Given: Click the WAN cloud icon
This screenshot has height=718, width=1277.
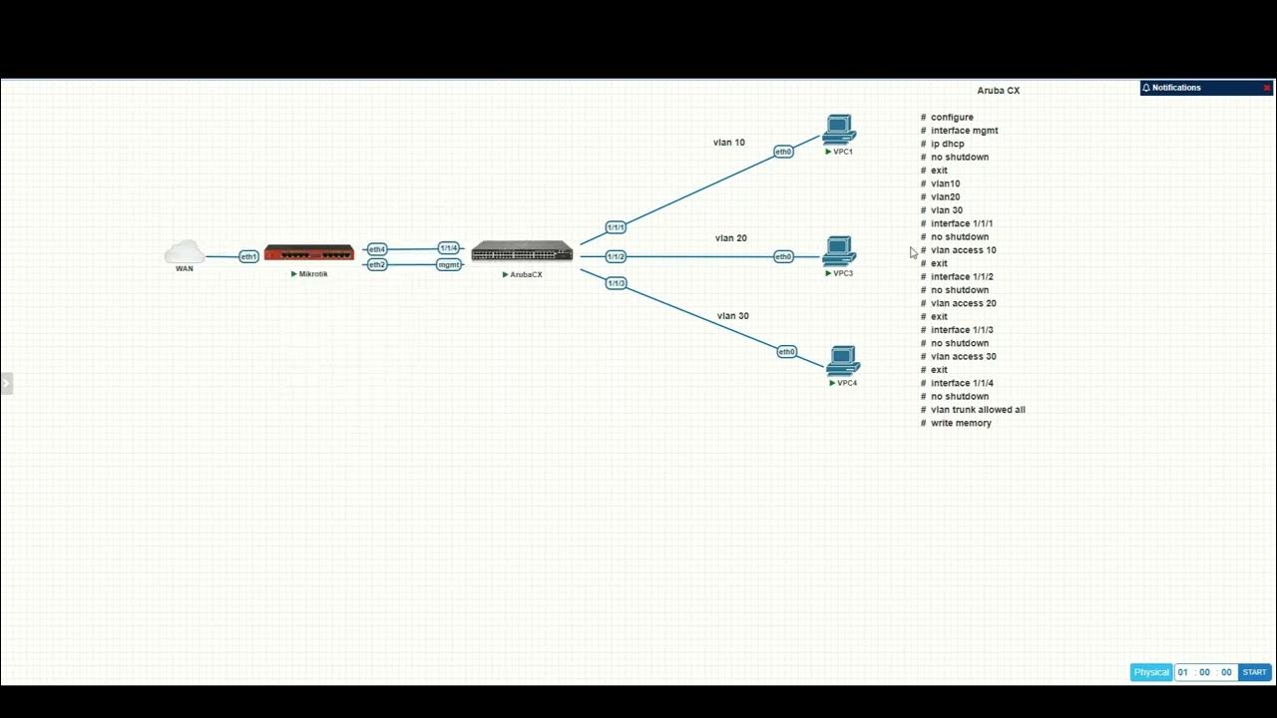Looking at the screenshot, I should (x=185, y=251).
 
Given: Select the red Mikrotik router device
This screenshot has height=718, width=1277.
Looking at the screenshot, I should (x=309, y=252).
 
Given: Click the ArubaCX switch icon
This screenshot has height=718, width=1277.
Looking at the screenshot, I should (x=522, y=251).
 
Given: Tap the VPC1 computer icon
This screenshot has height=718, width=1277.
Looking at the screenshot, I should (x=839, y=131).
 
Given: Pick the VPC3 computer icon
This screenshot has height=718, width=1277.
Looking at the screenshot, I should (x=839, y=251).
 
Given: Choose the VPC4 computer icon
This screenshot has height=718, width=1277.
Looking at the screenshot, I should (x=843, y=361).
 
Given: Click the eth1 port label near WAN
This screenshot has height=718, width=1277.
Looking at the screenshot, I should (x=248, y=256).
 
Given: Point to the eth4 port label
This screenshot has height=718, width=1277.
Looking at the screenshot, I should (x=376, y=249).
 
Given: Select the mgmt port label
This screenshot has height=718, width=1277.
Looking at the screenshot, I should (x=449, y=264).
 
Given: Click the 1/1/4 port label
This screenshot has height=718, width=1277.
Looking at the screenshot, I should (x=449, y=247).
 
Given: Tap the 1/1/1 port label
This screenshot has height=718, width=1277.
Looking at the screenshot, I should (x=616, y=227).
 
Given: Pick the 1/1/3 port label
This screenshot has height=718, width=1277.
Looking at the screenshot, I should (x=616, y=283).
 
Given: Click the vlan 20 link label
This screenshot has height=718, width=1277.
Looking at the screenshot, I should (x=730, y=238).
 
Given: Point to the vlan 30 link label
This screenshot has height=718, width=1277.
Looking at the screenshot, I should (x=732, y=316).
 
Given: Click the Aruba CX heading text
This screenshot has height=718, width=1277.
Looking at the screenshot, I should (x=998, y=91).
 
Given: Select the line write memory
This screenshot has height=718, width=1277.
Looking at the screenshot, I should (x=961, y=423).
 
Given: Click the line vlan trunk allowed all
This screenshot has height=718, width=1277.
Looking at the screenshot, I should (x=978, y=410).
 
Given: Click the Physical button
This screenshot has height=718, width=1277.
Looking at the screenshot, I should (x=1151, y=672).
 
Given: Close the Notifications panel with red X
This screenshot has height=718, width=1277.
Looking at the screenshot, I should (x=1267, y=88).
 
